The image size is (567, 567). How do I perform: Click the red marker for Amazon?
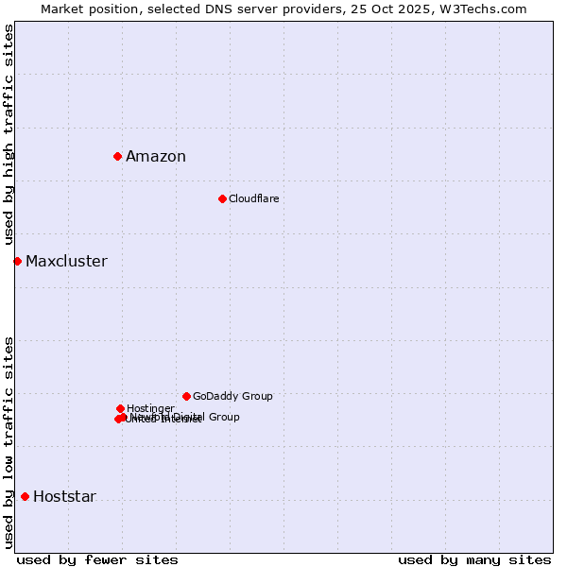(117, 156)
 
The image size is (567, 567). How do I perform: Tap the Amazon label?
(156, 157)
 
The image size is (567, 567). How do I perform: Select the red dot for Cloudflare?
(222, 198)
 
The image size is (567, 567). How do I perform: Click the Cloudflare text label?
(253, 198)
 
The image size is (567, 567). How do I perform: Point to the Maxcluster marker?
(17, 261)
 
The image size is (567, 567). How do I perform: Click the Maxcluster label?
(66, 262)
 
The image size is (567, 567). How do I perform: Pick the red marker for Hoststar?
(25, 496)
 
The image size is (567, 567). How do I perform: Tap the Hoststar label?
(64, 497)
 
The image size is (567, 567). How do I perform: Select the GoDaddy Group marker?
(186, 396)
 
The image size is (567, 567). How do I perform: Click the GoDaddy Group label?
(232, 396)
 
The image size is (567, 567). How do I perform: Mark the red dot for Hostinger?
(120, 408)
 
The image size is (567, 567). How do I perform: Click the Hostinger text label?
(150, 408)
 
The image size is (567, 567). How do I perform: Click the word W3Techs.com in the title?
(488, 9)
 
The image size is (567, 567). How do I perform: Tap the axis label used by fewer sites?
(97, 560)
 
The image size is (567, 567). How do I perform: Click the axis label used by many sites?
(474, 560)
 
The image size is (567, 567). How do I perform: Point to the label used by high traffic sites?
(9, 135)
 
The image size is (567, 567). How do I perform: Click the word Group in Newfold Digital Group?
(223, 417)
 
